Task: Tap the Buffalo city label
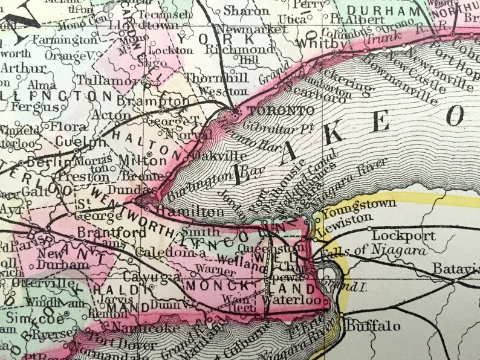373,326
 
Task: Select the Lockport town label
395,235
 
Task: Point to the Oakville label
210,155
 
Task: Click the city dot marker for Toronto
235,109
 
